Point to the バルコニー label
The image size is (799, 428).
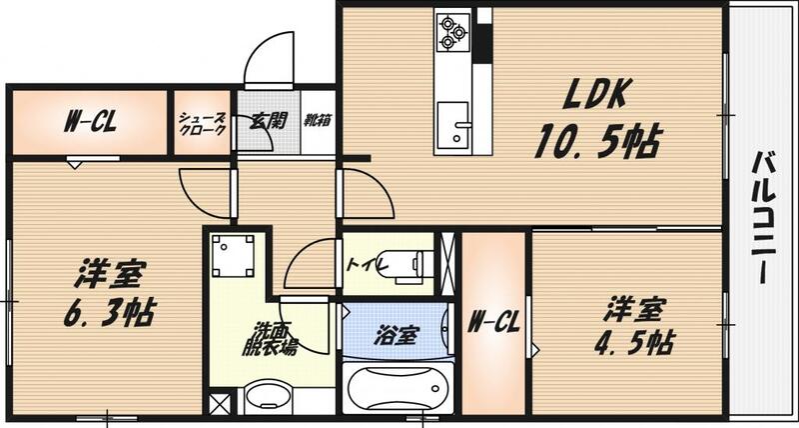pyautogui.click(x=766, y=216)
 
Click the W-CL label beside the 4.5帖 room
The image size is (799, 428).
pyautogui.click(x=492, y=322)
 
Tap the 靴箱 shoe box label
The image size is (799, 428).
pyautogui.click(x=319, y=120)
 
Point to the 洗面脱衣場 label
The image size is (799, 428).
pyautogui.click(x=274, y=339)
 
